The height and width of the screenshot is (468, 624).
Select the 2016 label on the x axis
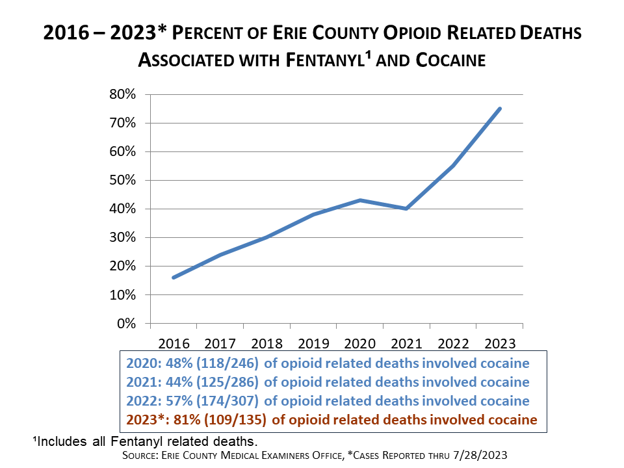click(174, 342)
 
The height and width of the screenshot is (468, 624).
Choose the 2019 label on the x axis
click(314, 342)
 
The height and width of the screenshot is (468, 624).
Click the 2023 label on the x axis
click(500, 342)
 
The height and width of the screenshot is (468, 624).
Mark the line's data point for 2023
click(499, 109)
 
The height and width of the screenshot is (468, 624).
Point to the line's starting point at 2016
click(174, 278)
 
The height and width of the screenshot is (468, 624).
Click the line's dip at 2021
click(406, 209)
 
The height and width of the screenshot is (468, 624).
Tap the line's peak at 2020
click(360, 200)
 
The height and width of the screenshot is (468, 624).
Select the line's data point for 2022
click(453, 166)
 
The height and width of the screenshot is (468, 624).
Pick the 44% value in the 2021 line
click(168, 382)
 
